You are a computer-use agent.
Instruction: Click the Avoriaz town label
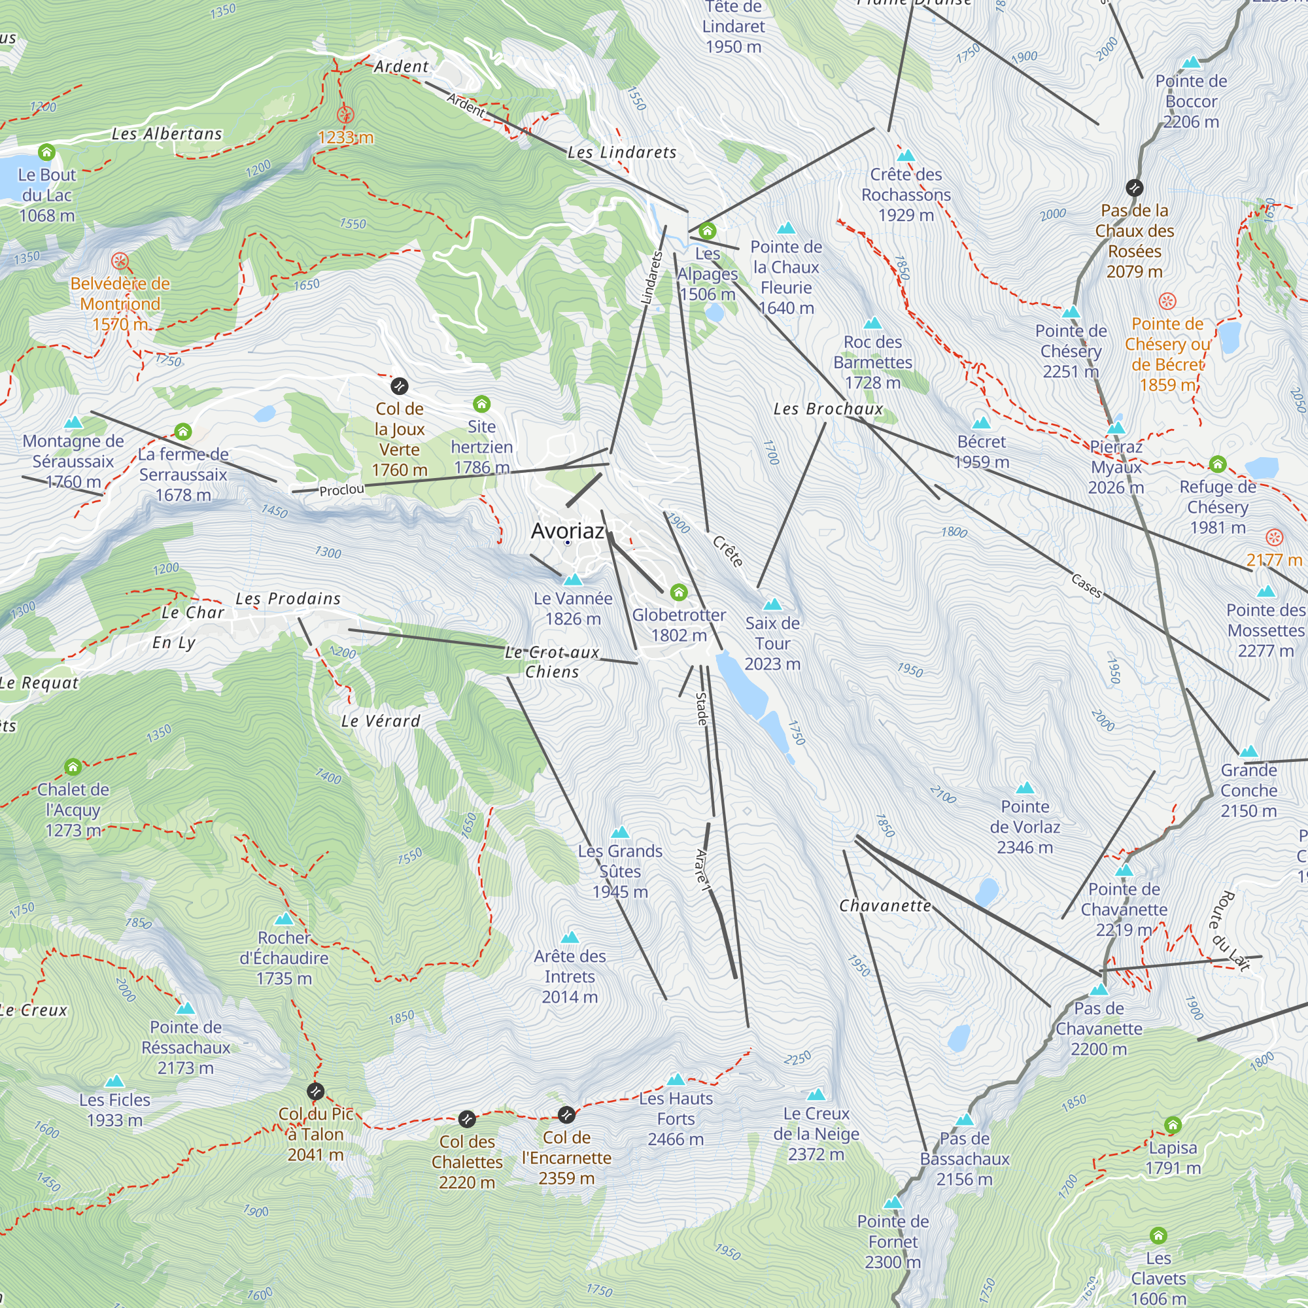pos(567,531)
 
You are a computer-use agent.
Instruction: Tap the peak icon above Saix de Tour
pos(772,604)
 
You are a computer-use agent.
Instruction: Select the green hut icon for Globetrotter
pos(678,593)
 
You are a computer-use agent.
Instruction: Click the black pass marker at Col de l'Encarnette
pos(566,1114)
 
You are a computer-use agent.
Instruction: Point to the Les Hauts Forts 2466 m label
pos(676,1118)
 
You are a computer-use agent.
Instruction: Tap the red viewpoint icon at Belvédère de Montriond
pos(120,261)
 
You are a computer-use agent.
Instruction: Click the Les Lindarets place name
pos(621,152)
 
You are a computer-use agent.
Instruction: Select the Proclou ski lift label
pos(341,490)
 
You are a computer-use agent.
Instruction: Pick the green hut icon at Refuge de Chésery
pos(1217,464)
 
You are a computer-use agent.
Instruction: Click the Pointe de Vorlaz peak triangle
pos(1025,788)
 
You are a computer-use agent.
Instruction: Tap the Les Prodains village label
pos(288,598)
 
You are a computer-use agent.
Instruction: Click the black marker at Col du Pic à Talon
pos(315,1092)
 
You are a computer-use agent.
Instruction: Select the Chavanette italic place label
pos(885,906)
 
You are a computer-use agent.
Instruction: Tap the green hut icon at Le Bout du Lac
pos(46,152)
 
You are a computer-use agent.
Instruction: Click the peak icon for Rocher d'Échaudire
pos(284,920)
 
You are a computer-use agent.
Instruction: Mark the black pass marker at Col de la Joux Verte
pos(400,386)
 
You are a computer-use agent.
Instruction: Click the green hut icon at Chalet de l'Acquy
pos(73,767)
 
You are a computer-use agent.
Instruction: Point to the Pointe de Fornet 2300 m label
pos(892,1242)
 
